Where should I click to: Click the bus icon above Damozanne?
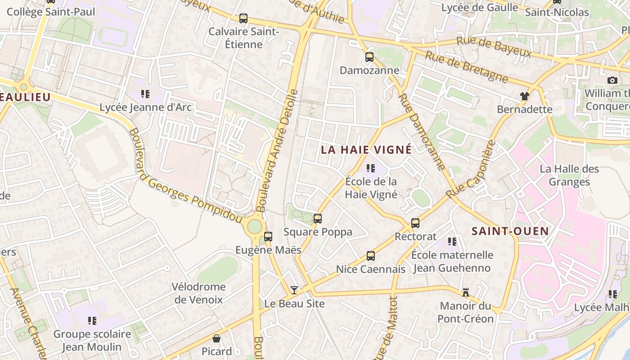pyautogui.click(x=369, y=57)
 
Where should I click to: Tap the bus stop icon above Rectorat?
pyautogui.click(x=415, y=223)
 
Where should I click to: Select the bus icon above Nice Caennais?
pyautogui.click(x=371, y=256)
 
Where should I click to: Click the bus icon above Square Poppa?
pyautogui.click(x=318, y=219)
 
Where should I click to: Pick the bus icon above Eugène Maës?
pyautogui.click(x=268, y=236)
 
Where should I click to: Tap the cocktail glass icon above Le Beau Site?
pyautogui.click(x=294, y=290)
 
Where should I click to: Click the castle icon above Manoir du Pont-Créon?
pyautogui.click(x=466, y=293)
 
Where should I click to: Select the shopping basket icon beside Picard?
pyautogui.click(x=216, y=338)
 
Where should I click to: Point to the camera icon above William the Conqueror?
pyautogui.click(x=612, y=80)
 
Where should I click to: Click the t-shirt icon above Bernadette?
pyautogui.click(x=525, y=96)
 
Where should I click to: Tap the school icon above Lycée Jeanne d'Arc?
pyautogui.click(x=145, y=94)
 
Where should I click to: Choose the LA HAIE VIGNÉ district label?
pyautogui.click(x=366, y=149)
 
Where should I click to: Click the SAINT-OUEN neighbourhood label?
pyautogui.click(x=510, y=231)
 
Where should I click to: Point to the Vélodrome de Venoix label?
pyautogui.click(x=198, y=293)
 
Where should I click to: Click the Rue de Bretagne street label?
pyautogui.click(x=467, y=67)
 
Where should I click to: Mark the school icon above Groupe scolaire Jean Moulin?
pyautogui.click(x=92, y=321)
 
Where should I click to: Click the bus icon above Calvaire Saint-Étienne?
pyautogui.click(x=243, y=18)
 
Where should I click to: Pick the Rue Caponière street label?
pyautogui.click(x=471, y=170)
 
